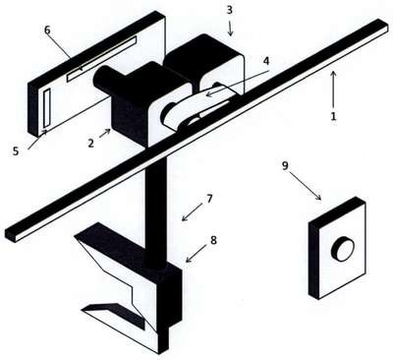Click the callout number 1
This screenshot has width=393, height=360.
click(333, 116)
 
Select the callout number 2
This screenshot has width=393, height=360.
click(90, 143)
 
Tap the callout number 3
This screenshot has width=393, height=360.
click(230, 10)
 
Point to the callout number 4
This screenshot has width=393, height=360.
click(266, 61)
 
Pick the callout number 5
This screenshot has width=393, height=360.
click(16, 151)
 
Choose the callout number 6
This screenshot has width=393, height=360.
click(47, 30)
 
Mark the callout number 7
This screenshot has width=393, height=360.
click(209, 199)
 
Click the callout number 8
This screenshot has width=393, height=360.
click(213, 240)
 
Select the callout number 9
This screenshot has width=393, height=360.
click(285, 165)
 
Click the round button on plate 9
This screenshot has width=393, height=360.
click(343, 249)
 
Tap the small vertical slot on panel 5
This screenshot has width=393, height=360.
click(47, 108)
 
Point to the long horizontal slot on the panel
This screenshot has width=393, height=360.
click(101, 59)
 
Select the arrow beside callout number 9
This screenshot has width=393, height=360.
click(305, 185)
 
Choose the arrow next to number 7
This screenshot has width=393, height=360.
click(193, 211)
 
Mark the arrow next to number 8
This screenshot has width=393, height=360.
click(196, 254)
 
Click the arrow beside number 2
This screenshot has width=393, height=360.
click(105, 134)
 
